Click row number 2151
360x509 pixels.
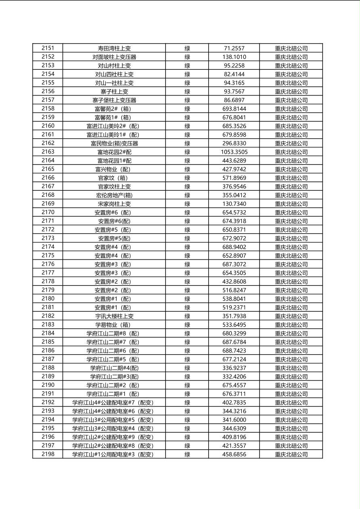48,48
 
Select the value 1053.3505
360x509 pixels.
234,152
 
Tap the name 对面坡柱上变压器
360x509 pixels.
114,57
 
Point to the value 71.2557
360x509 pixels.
234,48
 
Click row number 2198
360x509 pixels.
48,454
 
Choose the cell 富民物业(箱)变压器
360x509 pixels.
114,144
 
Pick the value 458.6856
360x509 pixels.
234,455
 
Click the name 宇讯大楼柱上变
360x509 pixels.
114,316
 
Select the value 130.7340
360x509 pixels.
234,204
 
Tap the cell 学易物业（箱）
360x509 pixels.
114,325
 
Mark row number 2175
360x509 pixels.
48,255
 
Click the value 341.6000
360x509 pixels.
234,420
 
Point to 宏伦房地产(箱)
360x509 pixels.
114,195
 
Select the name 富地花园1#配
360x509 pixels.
114,161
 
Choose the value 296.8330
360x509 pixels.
234,144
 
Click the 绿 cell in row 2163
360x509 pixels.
187,152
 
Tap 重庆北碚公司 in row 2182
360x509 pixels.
291,316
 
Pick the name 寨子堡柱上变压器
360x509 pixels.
114,100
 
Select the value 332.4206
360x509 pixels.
234,377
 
